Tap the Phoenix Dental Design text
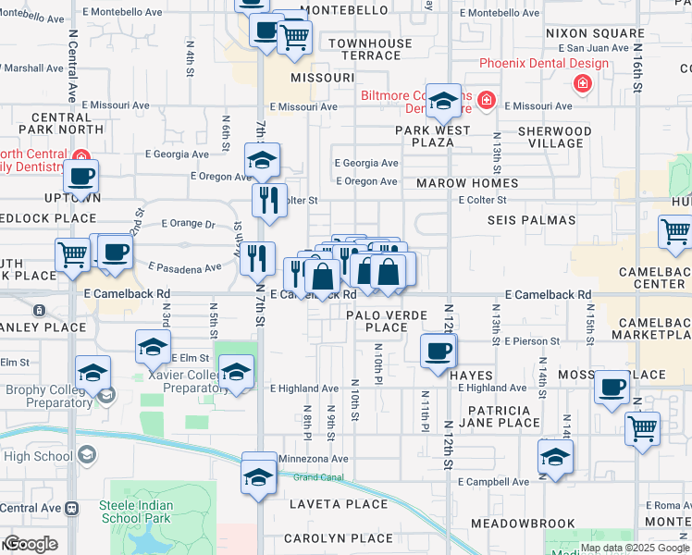pos(544,64)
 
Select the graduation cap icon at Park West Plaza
pos(443,104)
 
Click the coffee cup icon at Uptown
pos(80,176)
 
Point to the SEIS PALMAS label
pos(531,220)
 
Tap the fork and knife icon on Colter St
pos(268,199)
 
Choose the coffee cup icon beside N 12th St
pos(439,351)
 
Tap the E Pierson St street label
pos(532,341)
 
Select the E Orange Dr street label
pos(188,223)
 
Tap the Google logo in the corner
pos(30,544)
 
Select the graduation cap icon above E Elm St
pos(153,347)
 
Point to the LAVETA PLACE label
pos(338,504)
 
